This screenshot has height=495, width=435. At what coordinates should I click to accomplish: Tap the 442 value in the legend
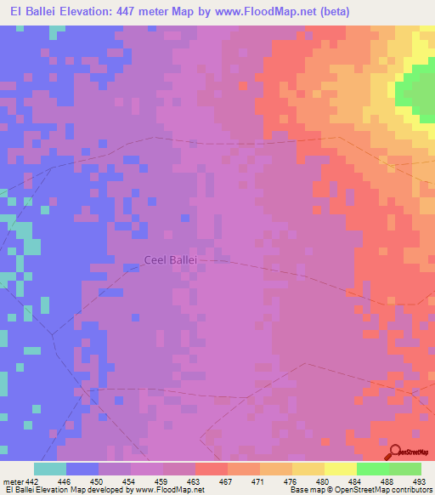(31, 481)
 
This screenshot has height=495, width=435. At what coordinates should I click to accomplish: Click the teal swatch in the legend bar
(50, 469)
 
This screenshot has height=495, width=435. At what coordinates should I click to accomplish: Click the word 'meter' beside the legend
(13, 481)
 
